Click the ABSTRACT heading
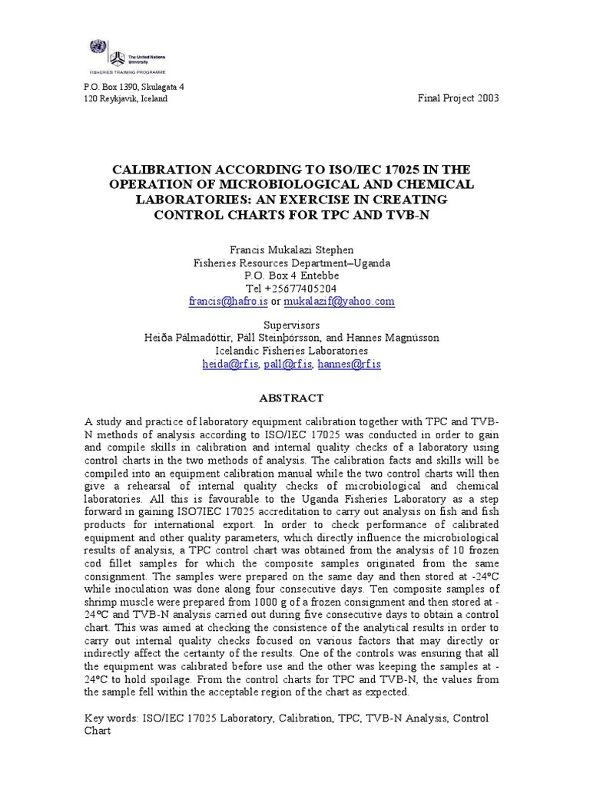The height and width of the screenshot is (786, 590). click(x=291, y=398)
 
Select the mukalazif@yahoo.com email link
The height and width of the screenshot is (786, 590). click(x=338, y=302)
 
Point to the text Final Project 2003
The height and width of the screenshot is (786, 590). click(x=458, y=99)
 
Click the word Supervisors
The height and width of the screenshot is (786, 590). click(x=291, y=325)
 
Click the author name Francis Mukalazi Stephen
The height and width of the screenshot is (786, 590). click(x=291, y=250)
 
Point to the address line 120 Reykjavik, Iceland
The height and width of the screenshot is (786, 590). click(x=124, y=99)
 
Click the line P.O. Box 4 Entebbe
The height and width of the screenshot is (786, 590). click(x=291, y=276)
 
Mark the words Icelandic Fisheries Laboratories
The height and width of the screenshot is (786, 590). click(x=291, y=351)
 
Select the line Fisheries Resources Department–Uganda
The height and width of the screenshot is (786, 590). click(x=291, y=263)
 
